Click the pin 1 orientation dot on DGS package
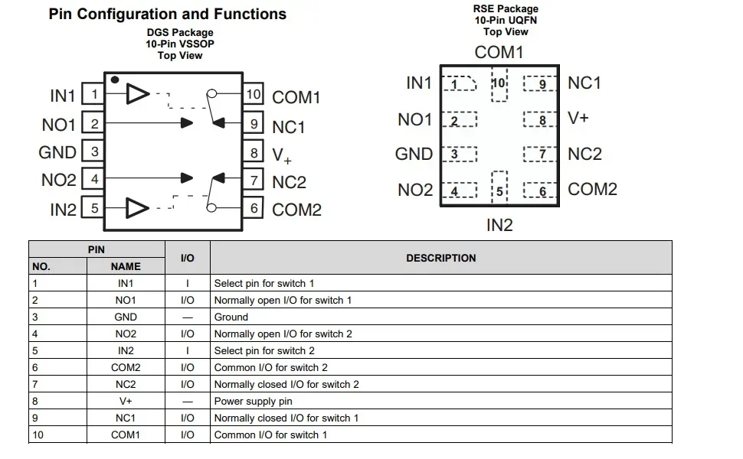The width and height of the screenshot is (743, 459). (115, 80)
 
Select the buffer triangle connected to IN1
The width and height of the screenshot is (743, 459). (137, 93)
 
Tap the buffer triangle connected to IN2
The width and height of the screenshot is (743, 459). (137, 208)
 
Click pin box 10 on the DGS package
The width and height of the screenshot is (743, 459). (253, 93)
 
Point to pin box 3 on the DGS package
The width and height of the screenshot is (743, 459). (93, 151)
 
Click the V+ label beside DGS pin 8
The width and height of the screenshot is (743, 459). (281, 156)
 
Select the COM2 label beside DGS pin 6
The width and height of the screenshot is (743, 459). (296, 210)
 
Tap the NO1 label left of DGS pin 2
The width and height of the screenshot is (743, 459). (59, 125)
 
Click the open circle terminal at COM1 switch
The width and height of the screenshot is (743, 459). (212, 93)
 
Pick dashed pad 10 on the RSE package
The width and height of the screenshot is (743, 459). (499, 84)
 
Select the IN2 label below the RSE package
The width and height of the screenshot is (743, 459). (499, 225)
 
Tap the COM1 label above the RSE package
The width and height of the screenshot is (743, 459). (499, 53)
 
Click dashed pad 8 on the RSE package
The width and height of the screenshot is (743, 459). (540, 119)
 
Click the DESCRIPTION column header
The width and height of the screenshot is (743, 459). (440, 258)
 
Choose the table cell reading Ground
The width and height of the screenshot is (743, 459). (231, 317)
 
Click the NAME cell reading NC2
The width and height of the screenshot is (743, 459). (126, 384)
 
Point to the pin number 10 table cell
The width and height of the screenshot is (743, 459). (38, 435)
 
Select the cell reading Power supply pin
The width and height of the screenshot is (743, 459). (253, 402)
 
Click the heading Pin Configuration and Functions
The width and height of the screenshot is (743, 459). (167, 15)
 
